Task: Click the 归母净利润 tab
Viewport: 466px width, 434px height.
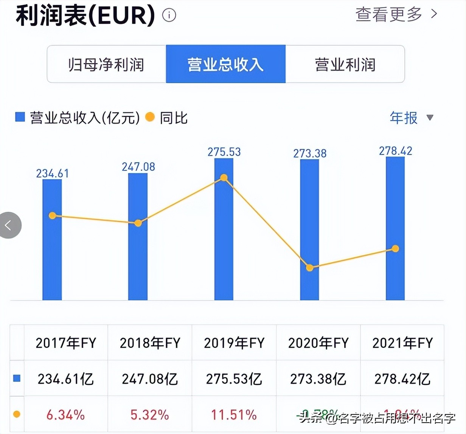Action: [x=106, y=64]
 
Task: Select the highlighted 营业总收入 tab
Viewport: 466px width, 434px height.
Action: [x=225, y=64]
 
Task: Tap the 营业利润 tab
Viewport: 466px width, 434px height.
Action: [x=345, y=64]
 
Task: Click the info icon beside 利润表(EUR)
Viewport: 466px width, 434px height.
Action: [x=169, y=15]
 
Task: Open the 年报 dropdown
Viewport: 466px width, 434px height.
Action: [x=411, y=118]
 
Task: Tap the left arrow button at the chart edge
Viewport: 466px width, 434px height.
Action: [x=9, y=226]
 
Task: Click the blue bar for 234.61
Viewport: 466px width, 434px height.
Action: [x=52, y=257]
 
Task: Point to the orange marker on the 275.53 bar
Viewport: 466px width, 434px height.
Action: [x=224, y=178]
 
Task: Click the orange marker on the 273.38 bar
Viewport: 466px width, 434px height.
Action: [x=309, y=268]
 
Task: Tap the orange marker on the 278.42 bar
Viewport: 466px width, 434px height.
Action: [x=395, y=248]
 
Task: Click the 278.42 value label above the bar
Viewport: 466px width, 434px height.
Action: [x=396, y=151]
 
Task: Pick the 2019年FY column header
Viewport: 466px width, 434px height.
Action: [x=234, y=343]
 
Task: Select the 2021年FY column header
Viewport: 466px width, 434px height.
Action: [x=402, y=343]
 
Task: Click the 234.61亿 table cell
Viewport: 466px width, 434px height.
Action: [x=66, y=379]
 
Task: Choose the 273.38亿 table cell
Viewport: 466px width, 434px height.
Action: [x=318, y=379]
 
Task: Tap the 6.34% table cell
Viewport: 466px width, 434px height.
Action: [x=66, y=415]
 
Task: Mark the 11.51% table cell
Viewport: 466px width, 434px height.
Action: [x=234, y=415]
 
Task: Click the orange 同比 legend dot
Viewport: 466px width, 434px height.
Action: [x=150, y=117]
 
